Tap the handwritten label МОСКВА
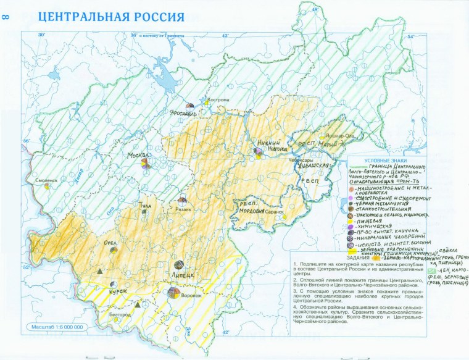point(138,154)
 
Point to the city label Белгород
point(119,315)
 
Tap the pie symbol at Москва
point(146,164)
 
